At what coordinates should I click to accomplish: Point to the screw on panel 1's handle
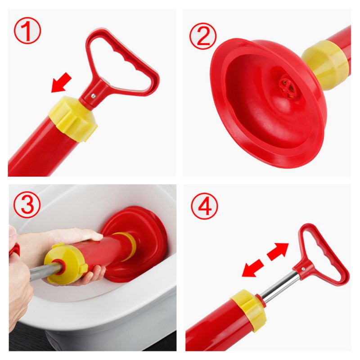(x=92, y=94)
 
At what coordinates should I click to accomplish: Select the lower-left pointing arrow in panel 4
(x=252, y=269)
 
